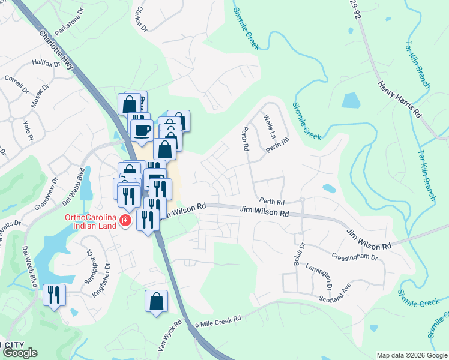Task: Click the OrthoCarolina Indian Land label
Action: pos(90,221)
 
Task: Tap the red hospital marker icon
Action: pos(125,221)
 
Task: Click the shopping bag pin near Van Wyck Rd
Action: pos(156,301)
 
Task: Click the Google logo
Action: pos(20,353)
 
